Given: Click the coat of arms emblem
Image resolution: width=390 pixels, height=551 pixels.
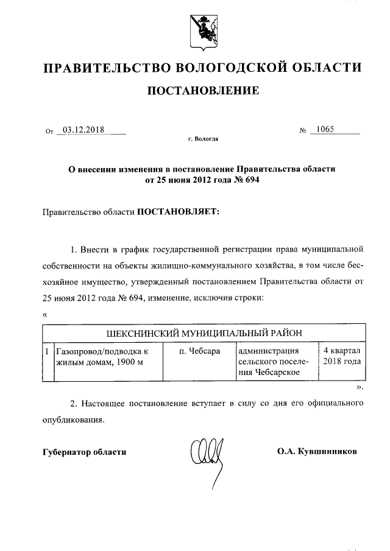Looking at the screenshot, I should [x=202, y=30].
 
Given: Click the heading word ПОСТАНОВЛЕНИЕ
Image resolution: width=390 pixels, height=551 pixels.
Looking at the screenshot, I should [x=202, y=91].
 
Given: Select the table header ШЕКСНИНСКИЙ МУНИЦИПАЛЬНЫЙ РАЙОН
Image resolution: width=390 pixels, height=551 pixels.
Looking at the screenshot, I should [x=204, y=333].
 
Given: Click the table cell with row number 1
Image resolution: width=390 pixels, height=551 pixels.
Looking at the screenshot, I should [x=47, y=351].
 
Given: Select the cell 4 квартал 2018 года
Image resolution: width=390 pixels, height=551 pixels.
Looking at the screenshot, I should [x=341, y=356].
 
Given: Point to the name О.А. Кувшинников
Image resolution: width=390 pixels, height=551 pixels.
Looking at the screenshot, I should [x=317, y=452].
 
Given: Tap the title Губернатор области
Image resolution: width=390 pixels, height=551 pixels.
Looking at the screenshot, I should [x=85, y=452].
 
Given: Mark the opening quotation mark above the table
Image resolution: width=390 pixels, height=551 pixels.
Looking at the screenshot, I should [x=45, y=315].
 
